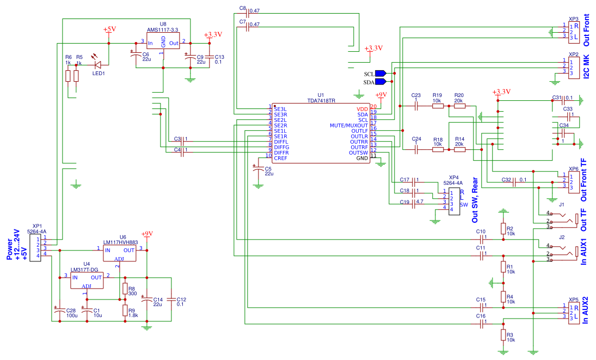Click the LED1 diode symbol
click(97, 65)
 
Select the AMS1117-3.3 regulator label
click(163, 29)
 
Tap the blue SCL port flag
click(380, 74)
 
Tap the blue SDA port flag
click(380, 82)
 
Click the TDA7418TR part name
click(321, 101)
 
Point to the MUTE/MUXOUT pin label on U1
click(348, 125)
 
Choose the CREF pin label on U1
click(280, 158)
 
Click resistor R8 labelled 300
click(125, 289)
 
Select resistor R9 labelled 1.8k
click(125, 310)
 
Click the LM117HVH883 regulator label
click(120, 242)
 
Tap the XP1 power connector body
click(35, 248)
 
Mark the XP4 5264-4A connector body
click(454, 201)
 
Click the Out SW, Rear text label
click(475, 200)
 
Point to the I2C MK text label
click(587, 67)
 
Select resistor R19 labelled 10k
click(438, 106)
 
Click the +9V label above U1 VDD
click(381, 95)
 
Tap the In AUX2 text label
click(585, 310)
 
